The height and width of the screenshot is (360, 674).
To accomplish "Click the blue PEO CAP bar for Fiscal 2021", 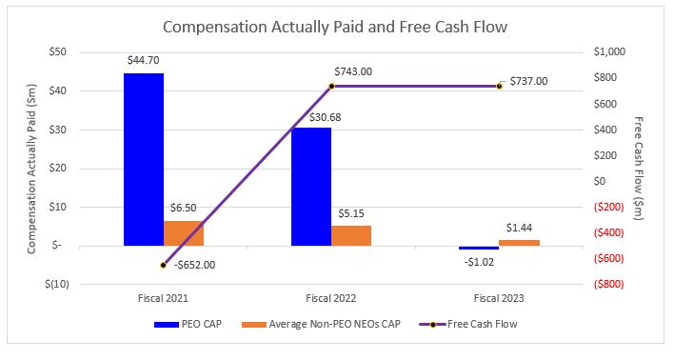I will [x=143, y=159].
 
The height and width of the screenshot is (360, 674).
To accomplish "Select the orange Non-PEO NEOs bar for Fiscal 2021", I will [x=184, y=233].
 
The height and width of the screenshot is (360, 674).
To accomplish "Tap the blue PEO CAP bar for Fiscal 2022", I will [x=310, y=186].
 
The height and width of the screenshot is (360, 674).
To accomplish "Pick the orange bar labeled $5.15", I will [x=351, y=235].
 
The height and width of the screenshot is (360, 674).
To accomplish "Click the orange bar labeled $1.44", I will [x=519, y=243].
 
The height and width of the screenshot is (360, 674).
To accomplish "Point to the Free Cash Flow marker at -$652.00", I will [x=164, y=265].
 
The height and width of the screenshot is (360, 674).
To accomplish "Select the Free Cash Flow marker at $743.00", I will [x=331, y=86].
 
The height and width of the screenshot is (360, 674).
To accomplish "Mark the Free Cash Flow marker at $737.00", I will [x=499, y=86].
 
